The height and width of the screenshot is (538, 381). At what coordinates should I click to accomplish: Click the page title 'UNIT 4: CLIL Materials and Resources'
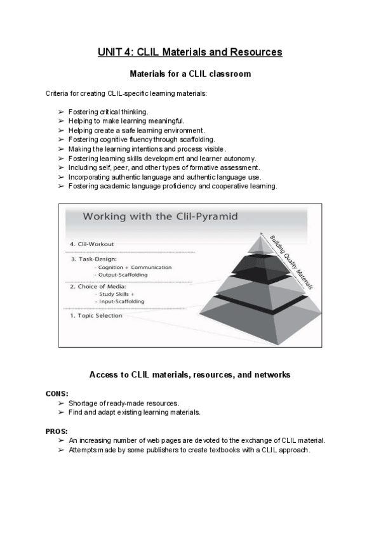pyautogui.click(x=190, y=52)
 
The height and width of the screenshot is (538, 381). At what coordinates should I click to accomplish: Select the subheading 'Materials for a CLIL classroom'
pyautogui.click(x=190, y=74)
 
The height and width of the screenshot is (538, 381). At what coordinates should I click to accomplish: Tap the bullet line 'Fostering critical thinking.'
pyautogui.click(x=108, y=112)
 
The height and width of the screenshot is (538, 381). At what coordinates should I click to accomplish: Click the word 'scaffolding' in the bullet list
pyautogui.click(x=197, y=140)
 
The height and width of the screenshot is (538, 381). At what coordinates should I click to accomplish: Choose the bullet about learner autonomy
pyautogui.click(x=162, y=158)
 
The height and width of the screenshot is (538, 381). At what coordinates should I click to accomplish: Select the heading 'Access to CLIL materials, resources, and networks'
pyautogui.click(x=190, y=375)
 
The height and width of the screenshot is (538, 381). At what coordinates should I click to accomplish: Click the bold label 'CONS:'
pyautogui.click(x=57, y=393)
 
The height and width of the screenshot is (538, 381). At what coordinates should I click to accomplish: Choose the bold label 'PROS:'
pyautogui.click(x=57, y=431)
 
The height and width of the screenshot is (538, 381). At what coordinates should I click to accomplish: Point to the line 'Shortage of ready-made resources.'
pyautogui.click(x=123, y=403)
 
